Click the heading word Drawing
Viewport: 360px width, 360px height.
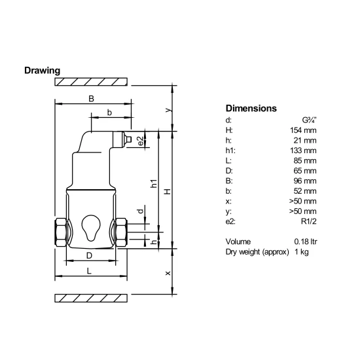(43, 71)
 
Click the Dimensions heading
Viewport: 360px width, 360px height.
(251, 109)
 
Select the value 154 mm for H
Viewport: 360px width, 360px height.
(303, 130)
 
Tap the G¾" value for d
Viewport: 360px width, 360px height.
(309, 120)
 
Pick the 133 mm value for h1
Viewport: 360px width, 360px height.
(303, 151)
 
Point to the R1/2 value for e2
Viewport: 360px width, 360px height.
(309, 221)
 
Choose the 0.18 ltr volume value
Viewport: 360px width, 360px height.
(306, 242)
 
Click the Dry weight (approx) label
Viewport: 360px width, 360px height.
(257, 252)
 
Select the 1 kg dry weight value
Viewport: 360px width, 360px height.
(302, 252)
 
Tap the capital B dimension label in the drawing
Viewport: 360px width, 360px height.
(92, 99)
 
